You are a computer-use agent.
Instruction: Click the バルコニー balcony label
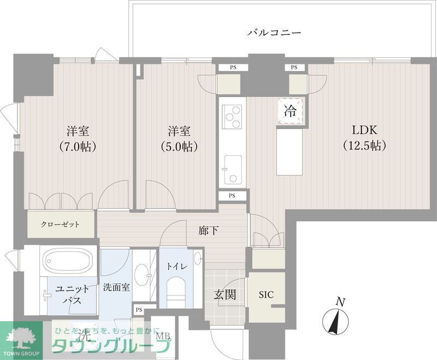coord(274,33)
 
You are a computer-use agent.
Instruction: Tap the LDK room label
coord(365,131)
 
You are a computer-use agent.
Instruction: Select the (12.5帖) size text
coord(365,146)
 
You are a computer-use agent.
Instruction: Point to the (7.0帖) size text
coord(78,146)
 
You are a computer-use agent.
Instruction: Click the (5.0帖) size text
coord(179,146)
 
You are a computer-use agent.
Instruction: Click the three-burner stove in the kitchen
coord(233,116)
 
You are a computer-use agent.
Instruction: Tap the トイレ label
coord(177,266)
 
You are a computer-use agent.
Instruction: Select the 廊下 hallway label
coord(209,231)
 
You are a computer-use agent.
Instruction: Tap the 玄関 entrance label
coord(225,295)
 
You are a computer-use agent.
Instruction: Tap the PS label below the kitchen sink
coord(232,196)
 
